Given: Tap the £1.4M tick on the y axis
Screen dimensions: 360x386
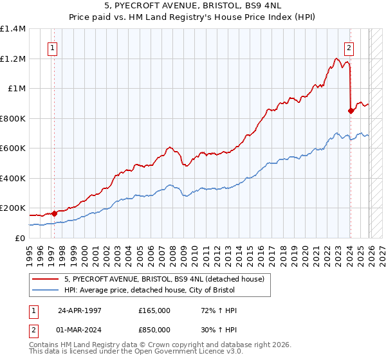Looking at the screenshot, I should (x=13, y=29).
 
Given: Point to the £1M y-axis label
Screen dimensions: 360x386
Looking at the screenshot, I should (x=17, y=89).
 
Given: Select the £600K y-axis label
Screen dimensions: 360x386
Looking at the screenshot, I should (x=13, y=148).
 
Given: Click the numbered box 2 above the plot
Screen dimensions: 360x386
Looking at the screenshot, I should (x=349, y=47).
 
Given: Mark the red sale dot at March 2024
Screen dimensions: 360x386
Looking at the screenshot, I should (x=350, y=111).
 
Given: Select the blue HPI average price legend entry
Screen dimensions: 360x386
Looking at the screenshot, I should (x=154, y=291).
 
